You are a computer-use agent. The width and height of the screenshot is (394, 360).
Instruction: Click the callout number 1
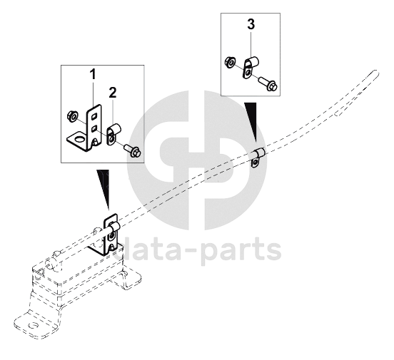(93, 75)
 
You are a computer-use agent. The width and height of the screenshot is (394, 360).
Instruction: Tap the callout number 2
(113, 93)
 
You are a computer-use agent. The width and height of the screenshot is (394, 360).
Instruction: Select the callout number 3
(251, 24)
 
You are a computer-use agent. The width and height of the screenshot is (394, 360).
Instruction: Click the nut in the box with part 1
(72, 116)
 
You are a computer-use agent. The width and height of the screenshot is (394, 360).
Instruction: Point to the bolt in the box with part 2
(133, 150)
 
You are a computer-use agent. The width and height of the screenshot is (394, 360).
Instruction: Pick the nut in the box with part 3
(230, 61)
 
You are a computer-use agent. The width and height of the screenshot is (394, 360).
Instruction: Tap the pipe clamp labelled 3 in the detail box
(251, 66)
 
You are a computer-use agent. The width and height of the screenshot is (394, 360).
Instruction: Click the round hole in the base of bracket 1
(80, 139)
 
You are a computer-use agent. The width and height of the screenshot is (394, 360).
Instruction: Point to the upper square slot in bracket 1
(94, 117)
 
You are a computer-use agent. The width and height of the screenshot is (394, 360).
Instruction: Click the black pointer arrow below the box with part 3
(251, 121)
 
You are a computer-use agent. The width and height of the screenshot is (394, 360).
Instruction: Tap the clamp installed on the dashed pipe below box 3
(258, 157)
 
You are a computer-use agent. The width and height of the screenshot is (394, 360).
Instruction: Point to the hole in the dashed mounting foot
(33, 326)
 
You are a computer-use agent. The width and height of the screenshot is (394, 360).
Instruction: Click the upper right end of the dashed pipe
(376, 72)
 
